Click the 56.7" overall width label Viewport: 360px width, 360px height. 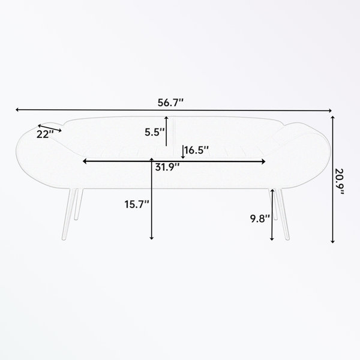(171, 102)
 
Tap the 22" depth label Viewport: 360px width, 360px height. (43, 134)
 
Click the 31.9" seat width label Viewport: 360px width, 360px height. (167, 167)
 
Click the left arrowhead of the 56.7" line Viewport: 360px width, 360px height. (19, 109)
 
